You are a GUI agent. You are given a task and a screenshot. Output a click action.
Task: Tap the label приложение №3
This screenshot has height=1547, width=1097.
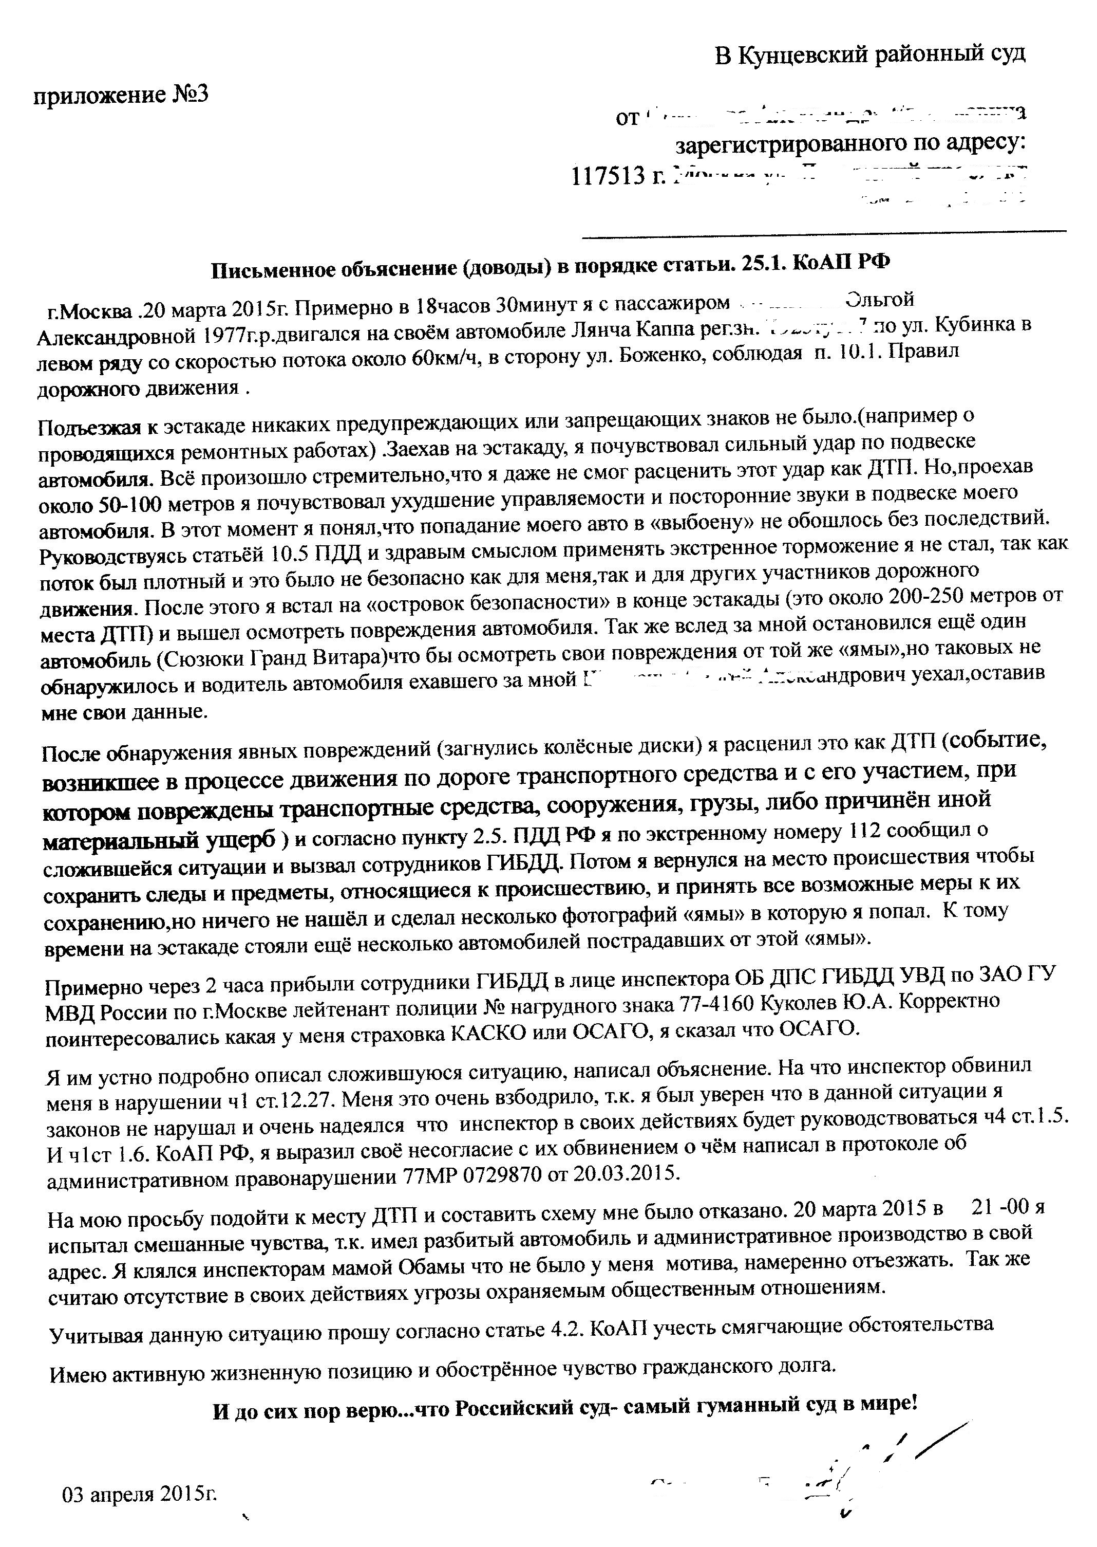click(x=121, y=95)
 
